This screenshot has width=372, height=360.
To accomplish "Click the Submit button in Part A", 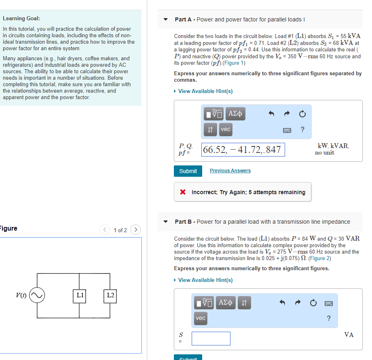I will tap(188, 171).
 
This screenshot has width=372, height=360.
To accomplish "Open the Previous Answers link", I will tap(230, 171).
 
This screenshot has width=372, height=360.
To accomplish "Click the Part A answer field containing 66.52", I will tap(243, 150).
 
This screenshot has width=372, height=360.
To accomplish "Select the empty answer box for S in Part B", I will tap(211, 339).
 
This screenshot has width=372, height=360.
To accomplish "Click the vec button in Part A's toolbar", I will tap(226, 129).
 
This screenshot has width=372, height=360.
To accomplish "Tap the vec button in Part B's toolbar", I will tap(201, 318).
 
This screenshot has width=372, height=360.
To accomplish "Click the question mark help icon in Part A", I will tap(302, 129).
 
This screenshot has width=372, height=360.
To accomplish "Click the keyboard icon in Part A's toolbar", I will tap(287, 130).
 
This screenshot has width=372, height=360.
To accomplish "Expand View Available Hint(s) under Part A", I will tap(205, 91).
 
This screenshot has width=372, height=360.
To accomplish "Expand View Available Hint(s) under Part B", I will tap(205, 280).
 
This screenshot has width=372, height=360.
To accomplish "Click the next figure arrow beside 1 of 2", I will tap(136, 230).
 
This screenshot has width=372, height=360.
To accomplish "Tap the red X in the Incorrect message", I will tap(183, 192).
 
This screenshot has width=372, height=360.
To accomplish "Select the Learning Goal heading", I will tap(21, 19).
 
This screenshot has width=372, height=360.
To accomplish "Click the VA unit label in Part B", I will tap(349, 335).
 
